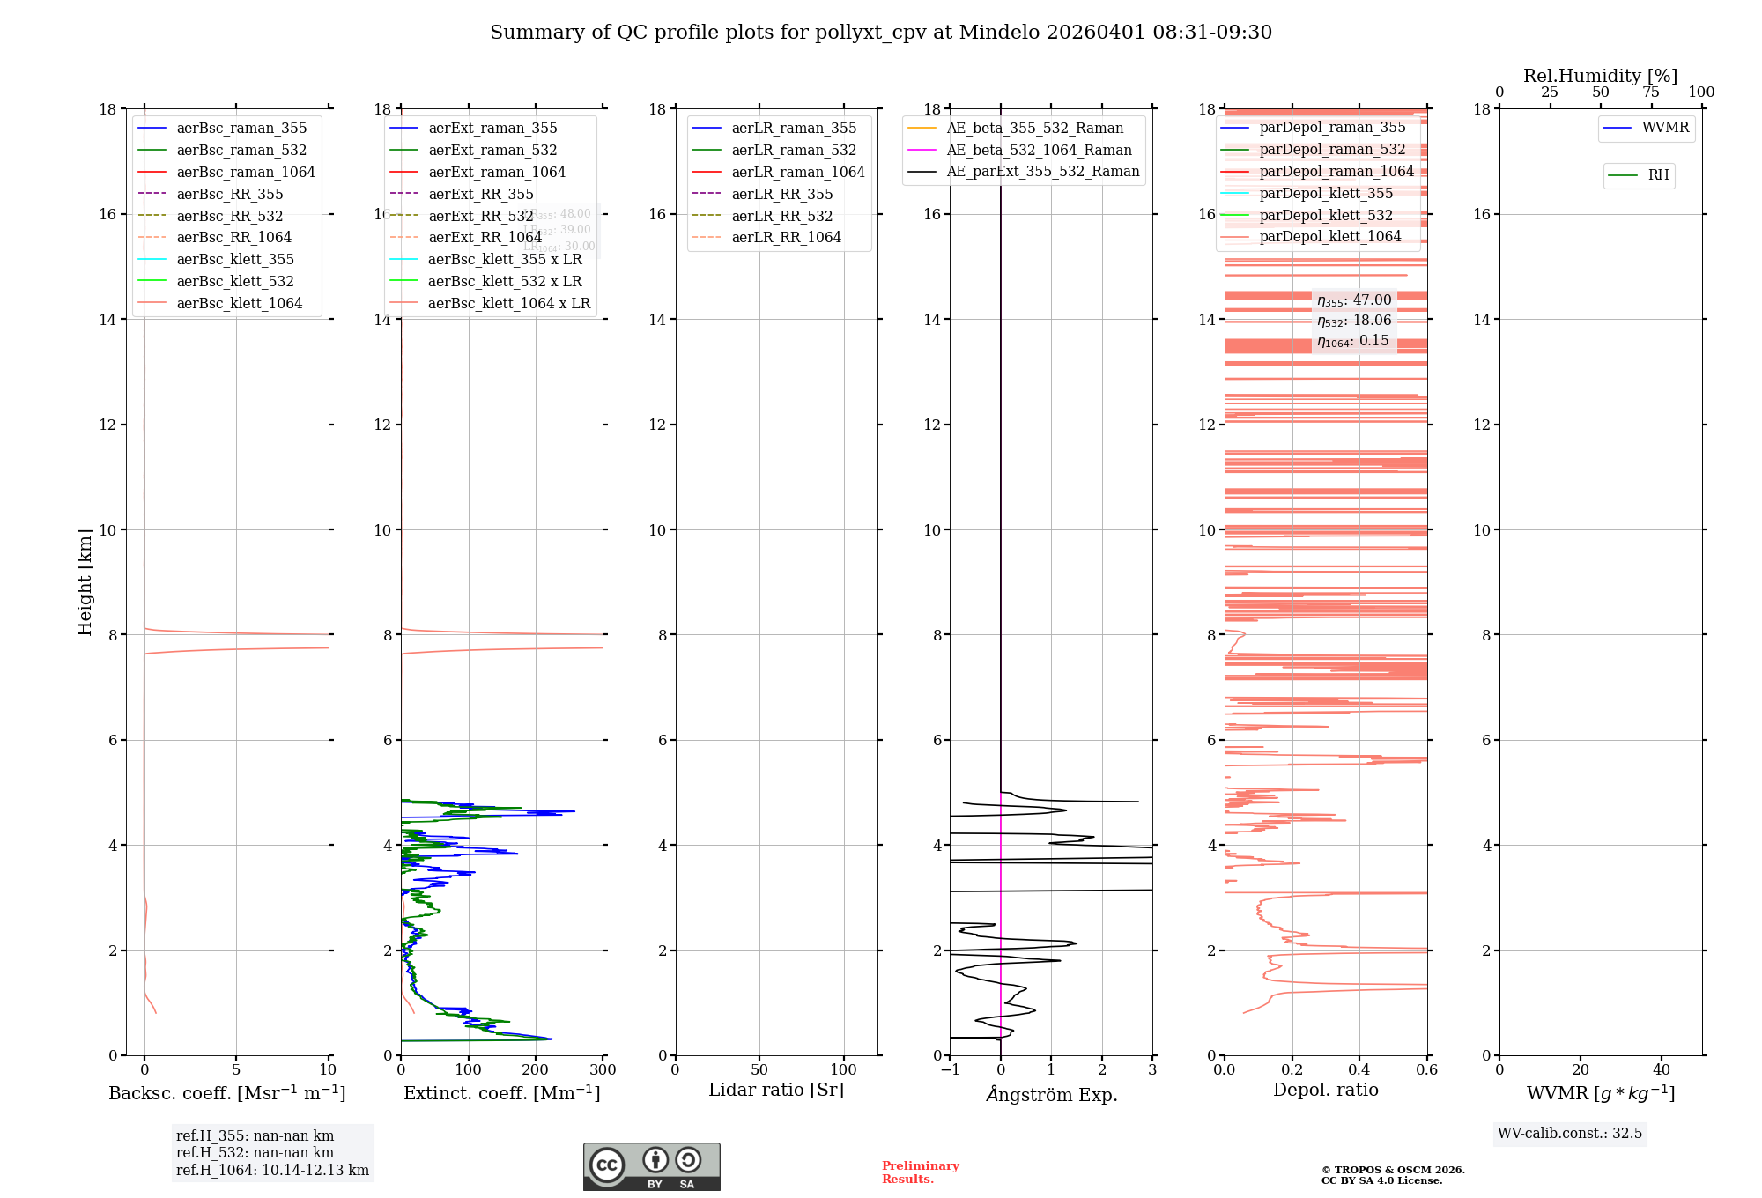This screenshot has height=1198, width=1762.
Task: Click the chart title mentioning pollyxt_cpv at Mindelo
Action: coord(881,33)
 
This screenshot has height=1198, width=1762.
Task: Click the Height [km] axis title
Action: coord(85,581)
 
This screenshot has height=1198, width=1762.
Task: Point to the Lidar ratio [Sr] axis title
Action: coord(776,1090)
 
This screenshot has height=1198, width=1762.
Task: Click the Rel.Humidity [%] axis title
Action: coord(1600,76)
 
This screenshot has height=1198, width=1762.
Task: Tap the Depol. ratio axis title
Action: coord(1325,1090)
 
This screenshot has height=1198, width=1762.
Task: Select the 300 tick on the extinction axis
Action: coord(603,1070)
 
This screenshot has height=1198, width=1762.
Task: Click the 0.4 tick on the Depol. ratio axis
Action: coord(1359,1070)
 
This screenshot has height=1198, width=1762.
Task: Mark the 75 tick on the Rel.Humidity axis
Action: coord(1651,92)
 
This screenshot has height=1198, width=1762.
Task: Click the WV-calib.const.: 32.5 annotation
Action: coord(1569,1133)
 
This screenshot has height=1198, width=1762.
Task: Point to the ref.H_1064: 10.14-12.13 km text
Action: coord(272,1171)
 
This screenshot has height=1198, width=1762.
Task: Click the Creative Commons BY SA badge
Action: coord(651,1167)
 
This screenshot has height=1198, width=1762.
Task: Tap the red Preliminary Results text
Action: coord(920,1172)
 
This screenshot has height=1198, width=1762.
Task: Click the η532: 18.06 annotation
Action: coord(1354,321)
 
